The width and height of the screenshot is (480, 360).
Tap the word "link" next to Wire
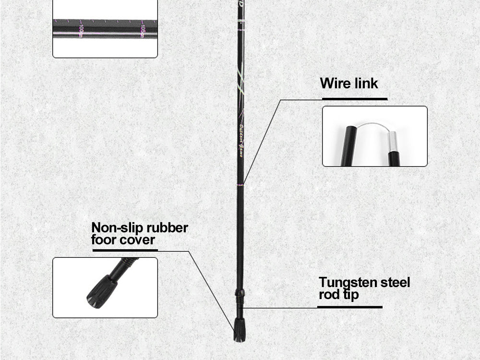pyautogui.click(x=366, y=84)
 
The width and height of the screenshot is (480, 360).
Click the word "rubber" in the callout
pyautogui.click(x=168, y=228)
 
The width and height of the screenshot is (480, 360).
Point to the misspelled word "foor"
pyautogui.click(x=103, y=240)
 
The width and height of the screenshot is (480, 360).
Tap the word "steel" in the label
pyautogui.click(x=395, y=282)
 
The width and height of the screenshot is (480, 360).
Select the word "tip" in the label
pyautogui.click(x=350, y=294)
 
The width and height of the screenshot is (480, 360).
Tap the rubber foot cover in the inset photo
pyautogui.click(x=102, y=291)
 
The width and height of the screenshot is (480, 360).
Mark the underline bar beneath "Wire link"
pyautogui.click(x=354, y=99)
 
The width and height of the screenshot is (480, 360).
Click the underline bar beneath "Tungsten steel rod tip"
pyautogui.click(x=350, y=307)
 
